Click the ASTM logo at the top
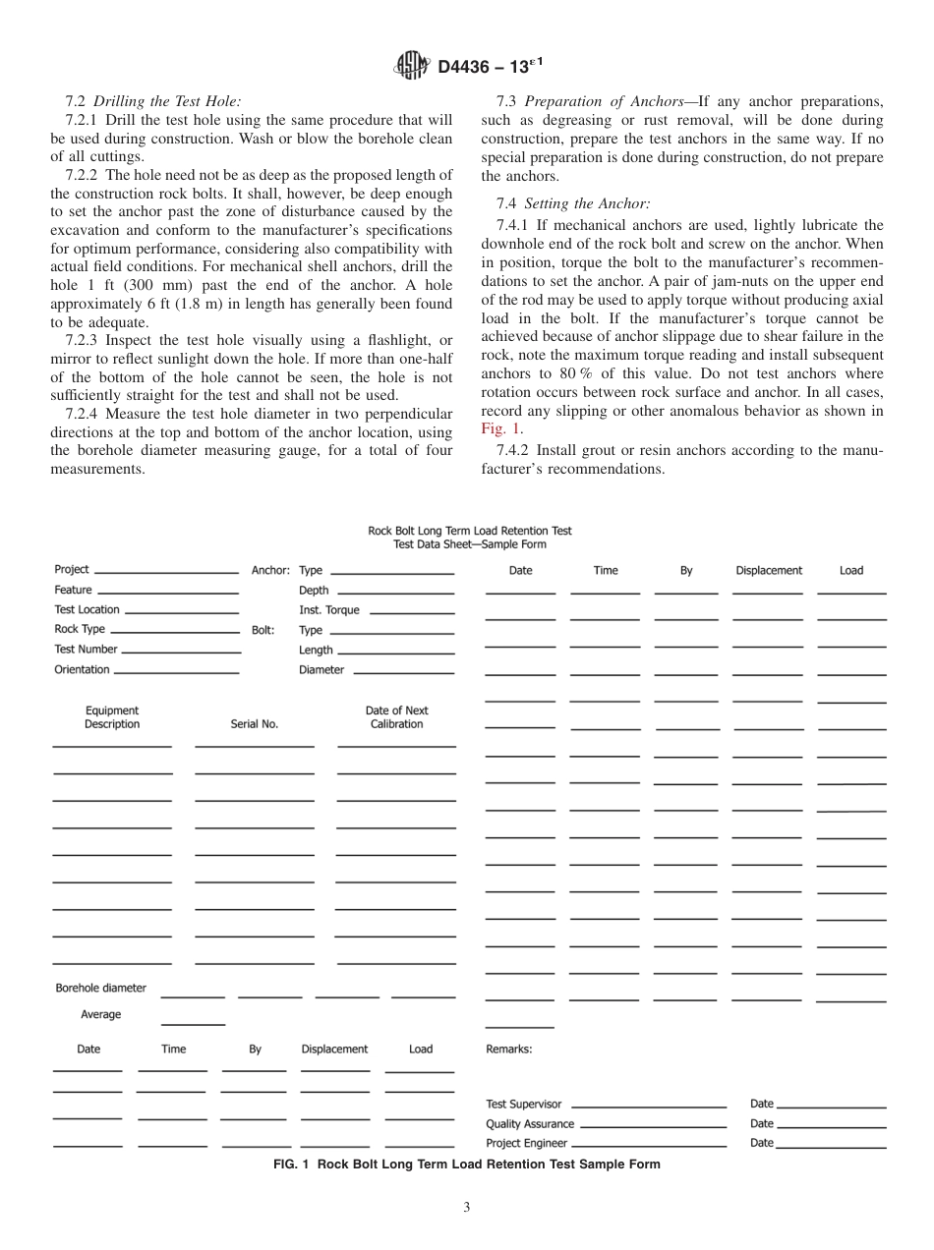point(412,66)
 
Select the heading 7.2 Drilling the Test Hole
point(152,101)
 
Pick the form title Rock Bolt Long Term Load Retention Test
point(469,531)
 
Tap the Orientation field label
point(82,669)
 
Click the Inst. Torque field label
point(329,609)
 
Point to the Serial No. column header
point(254,724)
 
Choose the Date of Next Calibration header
point(396,717)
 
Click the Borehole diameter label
point(100,988)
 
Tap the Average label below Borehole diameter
point(100,1014)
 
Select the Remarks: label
point(508,1049)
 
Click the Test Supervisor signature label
point(524,1104)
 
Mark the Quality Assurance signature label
point(530,1123)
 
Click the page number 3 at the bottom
point(467,1208)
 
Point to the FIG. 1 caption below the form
point(466,1165)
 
